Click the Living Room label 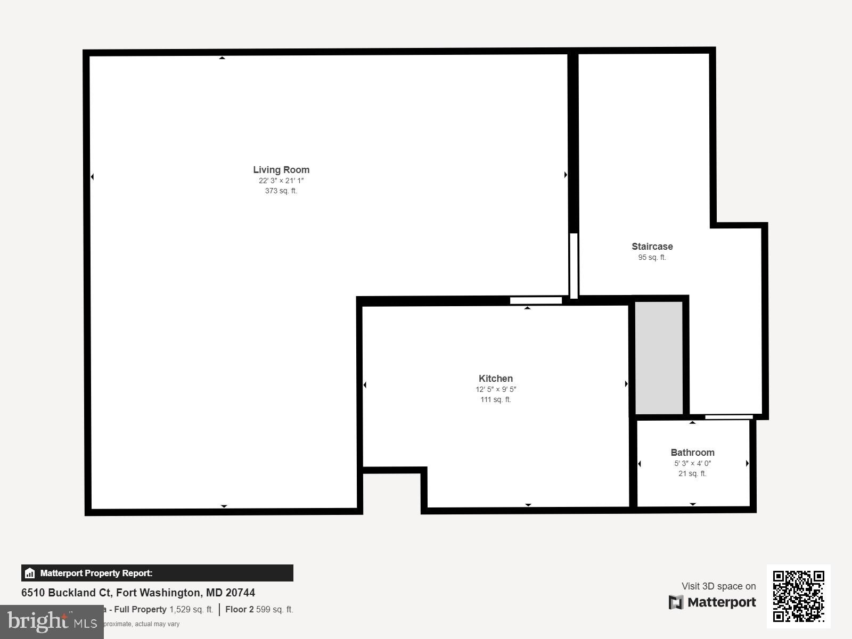[281, 170]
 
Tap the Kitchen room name [496, 379]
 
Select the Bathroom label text [692, 453]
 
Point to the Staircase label [652, 247]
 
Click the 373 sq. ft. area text [281, 191]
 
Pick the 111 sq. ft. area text [496, 399]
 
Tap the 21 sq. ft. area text [692, 473]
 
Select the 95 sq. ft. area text [652, 257]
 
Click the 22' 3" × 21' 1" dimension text [281, 181]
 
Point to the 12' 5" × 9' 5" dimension [496, 389]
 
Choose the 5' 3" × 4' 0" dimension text [692, 463]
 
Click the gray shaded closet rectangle [659, 357]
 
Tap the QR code [798, 596]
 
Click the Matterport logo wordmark [712, 602]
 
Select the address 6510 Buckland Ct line [138, 593]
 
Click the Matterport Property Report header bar [157, 573]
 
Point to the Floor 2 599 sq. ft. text [259, 609]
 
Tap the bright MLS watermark [52, 621]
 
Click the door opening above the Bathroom [729, 417]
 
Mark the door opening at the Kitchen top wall [536, 301]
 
